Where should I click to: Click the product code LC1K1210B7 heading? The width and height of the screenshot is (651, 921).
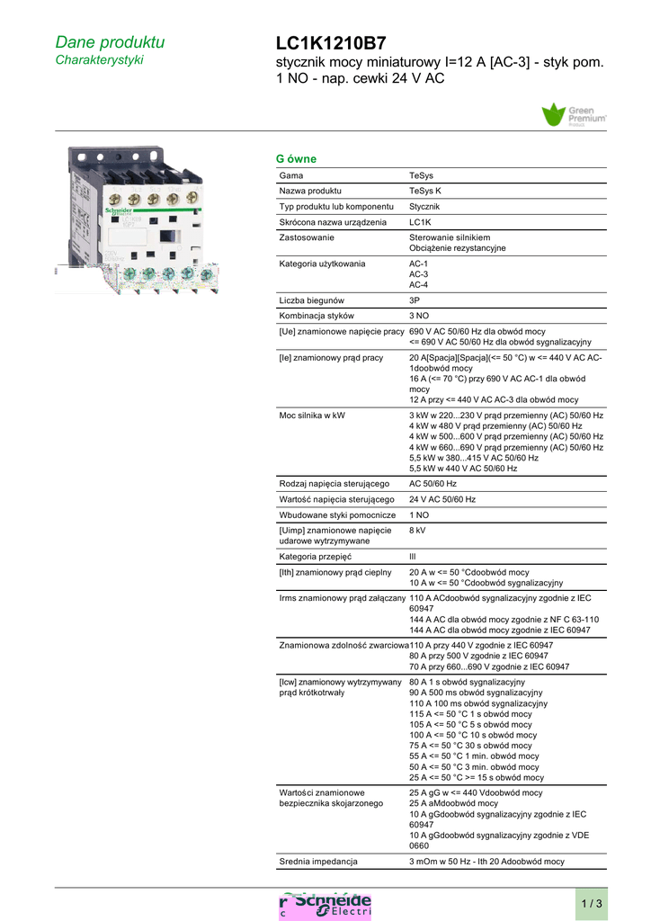point(331,43)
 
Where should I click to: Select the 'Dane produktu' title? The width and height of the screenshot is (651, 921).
point(110,42)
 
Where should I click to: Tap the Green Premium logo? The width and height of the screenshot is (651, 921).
point(574,115)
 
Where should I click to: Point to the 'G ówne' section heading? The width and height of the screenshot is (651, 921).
point(296,159)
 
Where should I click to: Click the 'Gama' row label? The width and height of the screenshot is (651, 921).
point(291,175)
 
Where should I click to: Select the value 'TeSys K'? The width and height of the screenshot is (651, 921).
point(424,191)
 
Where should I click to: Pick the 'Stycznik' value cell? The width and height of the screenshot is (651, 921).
point(424,207)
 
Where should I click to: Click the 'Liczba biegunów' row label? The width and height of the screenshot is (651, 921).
point(312,300)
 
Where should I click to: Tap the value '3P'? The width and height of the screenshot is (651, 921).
point(415,300)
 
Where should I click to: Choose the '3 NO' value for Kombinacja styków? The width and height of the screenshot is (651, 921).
point(419,316)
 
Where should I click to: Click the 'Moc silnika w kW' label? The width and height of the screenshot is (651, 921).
point(313,416)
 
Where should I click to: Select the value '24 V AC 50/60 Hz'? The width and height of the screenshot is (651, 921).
point(442,499)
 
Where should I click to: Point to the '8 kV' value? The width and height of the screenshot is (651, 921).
point(417,531)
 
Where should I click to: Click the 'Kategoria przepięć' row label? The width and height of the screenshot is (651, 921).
point(316,557)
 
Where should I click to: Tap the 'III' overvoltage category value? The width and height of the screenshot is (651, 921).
point(413,557)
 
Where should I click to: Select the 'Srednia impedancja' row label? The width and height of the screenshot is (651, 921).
point(318,862)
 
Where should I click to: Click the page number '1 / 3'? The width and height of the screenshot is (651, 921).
point(592,903)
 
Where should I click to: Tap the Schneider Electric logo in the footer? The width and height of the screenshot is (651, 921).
point(325,905)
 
